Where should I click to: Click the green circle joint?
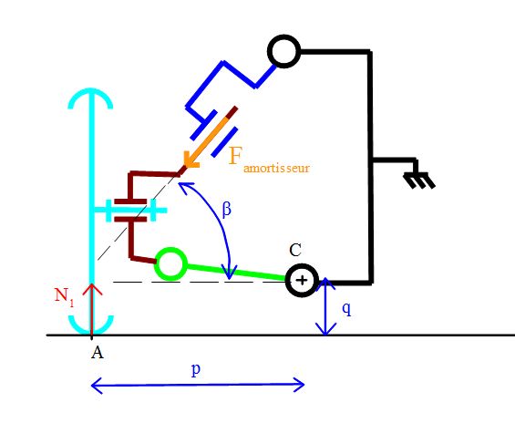click(x=170, y=250)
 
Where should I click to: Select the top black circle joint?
click(x=284, y=36)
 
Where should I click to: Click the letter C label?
click(x=295, y=251)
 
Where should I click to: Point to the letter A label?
click(x=98, y=353)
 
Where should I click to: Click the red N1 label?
click(x=64, y=297)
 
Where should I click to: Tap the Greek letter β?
click(x=226, y=209)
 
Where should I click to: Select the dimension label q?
click(x=346, y=310)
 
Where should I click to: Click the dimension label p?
click(x=196, y=370)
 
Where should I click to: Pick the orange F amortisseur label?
click(x=269, y=161)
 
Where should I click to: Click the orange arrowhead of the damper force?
click(x=191, y=161)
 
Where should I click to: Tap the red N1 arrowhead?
click(x=92, y=290)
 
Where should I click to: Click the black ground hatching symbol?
click(x=419, y=180)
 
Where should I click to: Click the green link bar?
click(x=236, y=273)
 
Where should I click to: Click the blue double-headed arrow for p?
click(x=198, y=386)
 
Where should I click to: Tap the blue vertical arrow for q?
click(x=325, y=306)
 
